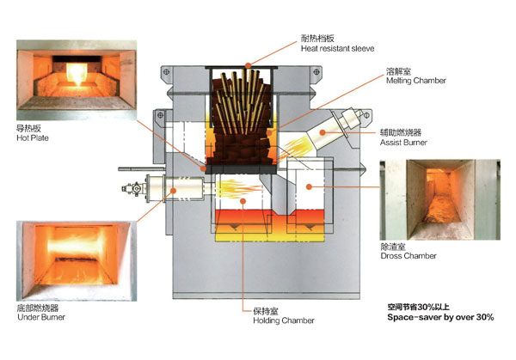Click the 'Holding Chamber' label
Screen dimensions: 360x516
click(x=284, y=320)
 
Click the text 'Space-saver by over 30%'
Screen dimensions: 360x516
click(x=440, y=317)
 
